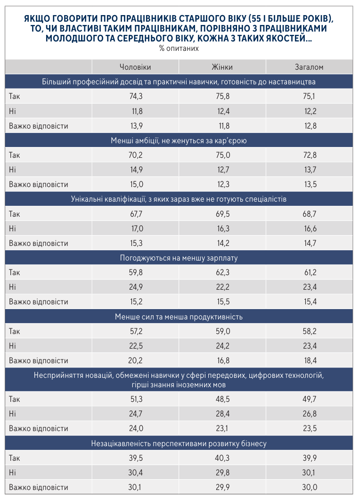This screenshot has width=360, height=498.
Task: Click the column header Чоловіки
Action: [x=135, y=67]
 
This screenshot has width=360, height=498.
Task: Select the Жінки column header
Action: [x=222, y=67]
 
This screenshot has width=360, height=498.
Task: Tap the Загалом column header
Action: [x=309, y=67]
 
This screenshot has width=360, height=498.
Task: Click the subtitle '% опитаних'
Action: [x=179, y=49]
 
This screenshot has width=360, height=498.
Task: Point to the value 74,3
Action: [x=136, y=97]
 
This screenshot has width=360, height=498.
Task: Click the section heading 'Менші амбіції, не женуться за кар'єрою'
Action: [x=179, y=140]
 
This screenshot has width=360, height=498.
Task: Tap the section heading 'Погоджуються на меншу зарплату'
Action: [x=179, y=258]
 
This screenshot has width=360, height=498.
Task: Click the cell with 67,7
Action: [x=136, y=214]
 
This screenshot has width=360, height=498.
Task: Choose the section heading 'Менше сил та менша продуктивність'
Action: [x=179, y=317]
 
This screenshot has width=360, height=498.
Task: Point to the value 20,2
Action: [x=136, y=360]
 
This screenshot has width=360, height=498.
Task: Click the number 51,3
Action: [x=136, y=400]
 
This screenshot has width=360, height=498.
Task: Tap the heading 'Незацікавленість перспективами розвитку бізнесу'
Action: [x=179, y=443]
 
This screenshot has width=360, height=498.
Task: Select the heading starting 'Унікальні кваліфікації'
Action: [x=179, y=199]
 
